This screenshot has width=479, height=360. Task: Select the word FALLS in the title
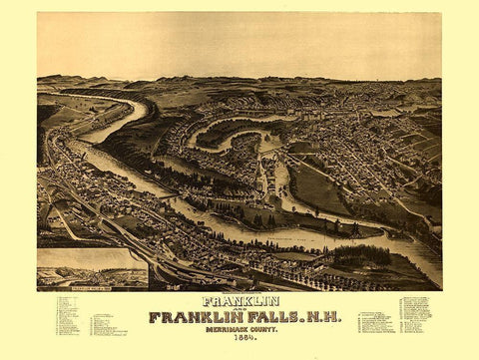(x=262, y=318)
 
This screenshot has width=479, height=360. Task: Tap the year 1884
(x=239, y=339)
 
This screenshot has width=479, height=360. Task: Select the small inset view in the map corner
(x=92, y=267)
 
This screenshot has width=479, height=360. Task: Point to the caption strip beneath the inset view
(x=92, y=287)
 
